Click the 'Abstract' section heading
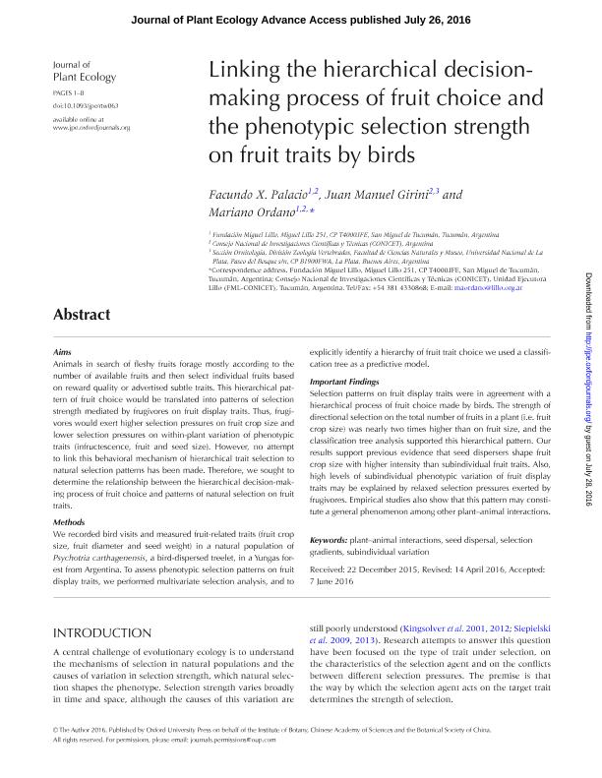click(x=82, y=315)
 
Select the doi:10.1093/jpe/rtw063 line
click(x=85, y=103)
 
